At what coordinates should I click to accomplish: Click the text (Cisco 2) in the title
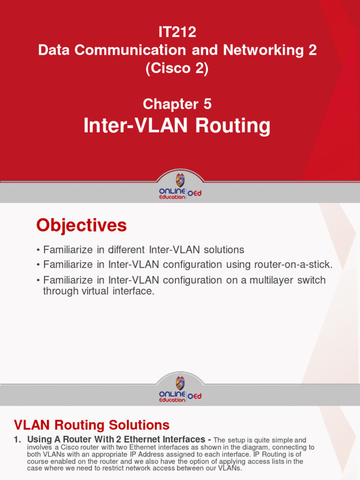[x=177, y=68]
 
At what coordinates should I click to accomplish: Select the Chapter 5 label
[x=177, y=104]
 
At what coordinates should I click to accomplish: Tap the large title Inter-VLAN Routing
[x=177, y=126]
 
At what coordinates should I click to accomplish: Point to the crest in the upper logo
[x=180, y=180]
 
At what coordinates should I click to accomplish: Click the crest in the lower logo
[x=180, y=382]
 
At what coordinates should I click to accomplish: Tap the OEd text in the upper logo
[x=195, y=193]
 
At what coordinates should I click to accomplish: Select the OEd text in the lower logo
[x=195, y=396]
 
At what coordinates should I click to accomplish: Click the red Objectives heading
[x=82, y=226]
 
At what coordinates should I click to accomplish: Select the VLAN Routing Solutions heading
[x=92, y=425]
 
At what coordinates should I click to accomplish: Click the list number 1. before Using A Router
[x=18, y=440]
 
